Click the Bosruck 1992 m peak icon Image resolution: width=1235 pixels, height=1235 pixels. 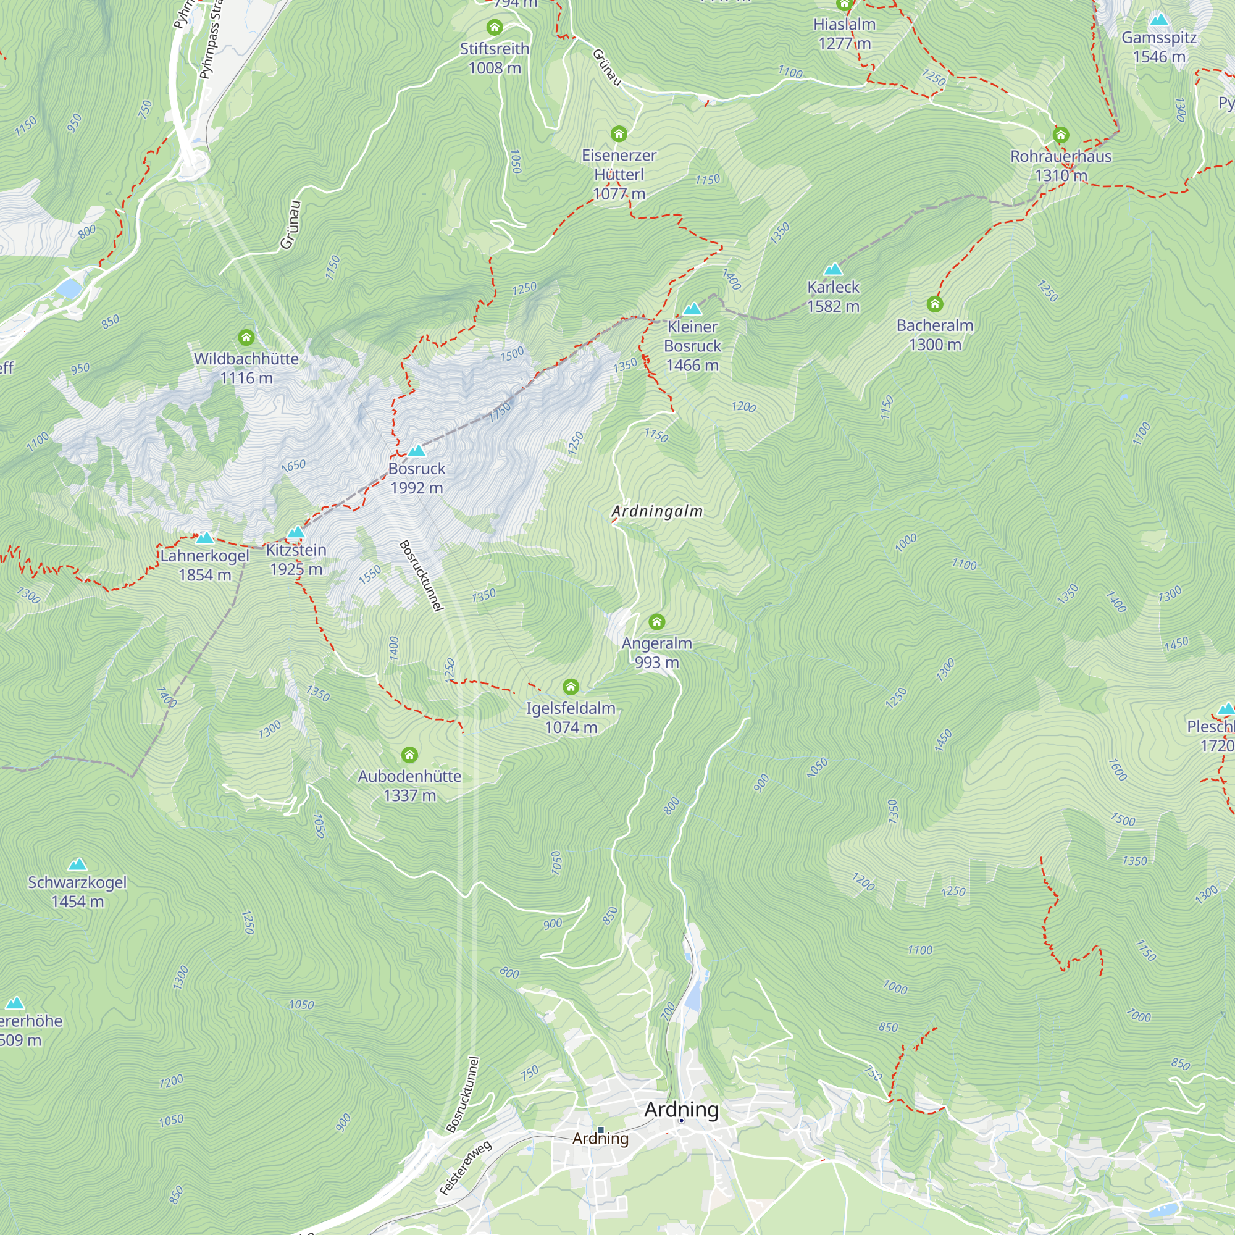(x=417, y=451)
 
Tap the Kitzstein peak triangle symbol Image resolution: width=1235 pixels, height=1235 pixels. (x=295, y=532)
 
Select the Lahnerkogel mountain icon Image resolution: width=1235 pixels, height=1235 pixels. (x=204, y=538)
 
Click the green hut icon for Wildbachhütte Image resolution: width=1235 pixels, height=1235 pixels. (x=246, y=337)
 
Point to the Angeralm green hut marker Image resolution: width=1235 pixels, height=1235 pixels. (x=656, y=621)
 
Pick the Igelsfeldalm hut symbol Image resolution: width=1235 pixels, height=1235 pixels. (x=571, y=687)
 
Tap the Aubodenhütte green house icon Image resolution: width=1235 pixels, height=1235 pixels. (x=410, y=755)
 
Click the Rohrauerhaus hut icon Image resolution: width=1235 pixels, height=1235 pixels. (x=1061, y=135)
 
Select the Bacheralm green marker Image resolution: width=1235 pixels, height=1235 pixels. (x=934, y=304)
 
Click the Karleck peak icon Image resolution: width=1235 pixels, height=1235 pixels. (x=833, y=269)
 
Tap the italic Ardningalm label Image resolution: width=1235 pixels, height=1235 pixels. (x=657, y=511)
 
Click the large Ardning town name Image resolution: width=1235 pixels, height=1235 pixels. (x=682, y=1110)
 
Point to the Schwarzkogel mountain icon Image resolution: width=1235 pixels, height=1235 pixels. (x=77, y=865)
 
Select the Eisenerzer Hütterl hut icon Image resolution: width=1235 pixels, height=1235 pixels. (x=618, y=133)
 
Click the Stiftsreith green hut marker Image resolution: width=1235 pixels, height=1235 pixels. (x=494, y=28)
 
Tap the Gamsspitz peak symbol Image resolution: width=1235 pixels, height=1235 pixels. (x=1159, y=19)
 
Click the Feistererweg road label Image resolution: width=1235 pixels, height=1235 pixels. (x=466, y=1167)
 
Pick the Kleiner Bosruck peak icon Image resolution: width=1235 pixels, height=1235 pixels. (x=692, y=309)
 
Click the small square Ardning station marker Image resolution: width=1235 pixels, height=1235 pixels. (x=600, y=1129)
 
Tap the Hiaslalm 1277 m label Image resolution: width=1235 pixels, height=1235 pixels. (x=844, y=33)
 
